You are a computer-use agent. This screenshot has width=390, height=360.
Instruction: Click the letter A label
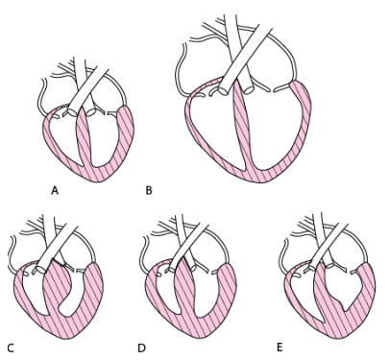coord(55,191)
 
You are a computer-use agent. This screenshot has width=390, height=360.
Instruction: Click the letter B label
coord(149,191)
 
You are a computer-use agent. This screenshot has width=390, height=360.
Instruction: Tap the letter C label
coord(11,348)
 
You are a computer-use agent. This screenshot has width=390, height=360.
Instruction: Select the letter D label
coord(141,348)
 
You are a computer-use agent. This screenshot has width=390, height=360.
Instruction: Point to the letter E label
coord(280,348)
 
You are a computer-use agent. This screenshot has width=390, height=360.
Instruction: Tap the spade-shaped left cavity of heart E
coord(344,285)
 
